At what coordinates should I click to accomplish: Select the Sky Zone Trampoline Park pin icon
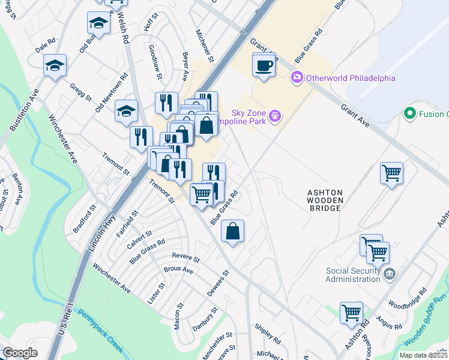275,115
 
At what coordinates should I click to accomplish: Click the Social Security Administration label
353,274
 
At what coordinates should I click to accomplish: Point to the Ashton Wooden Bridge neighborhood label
325,200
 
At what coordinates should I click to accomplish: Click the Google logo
20,353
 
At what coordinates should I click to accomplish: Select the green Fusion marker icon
410,113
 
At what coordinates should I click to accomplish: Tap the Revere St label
185,256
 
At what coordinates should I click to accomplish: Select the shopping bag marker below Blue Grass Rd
232,230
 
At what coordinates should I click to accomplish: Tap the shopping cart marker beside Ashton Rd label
351,313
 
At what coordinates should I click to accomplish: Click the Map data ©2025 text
423,355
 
